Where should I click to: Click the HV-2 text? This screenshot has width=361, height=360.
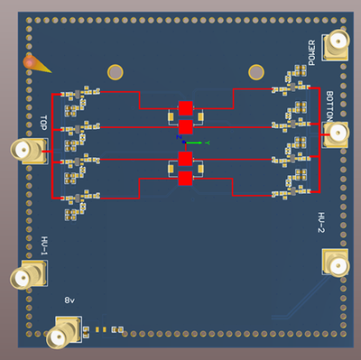(x=320, y=223)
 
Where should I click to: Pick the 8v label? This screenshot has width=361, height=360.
(x=69, y=300)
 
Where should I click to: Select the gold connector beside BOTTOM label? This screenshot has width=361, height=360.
(x=338, y=135)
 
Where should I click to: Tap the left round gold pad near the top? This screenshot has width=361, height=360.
(x=116, y=72)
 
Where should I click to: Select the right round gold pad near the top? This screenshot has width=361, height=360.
(x=256, y=71)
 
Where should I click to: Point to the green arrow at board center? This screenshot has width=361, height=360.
(x=196, y=143)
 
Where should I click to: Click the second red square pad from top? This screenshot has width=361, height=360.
(x=186, y=126)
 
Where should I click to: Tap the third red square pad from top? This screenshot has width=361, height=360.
(x=186, y=160)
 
